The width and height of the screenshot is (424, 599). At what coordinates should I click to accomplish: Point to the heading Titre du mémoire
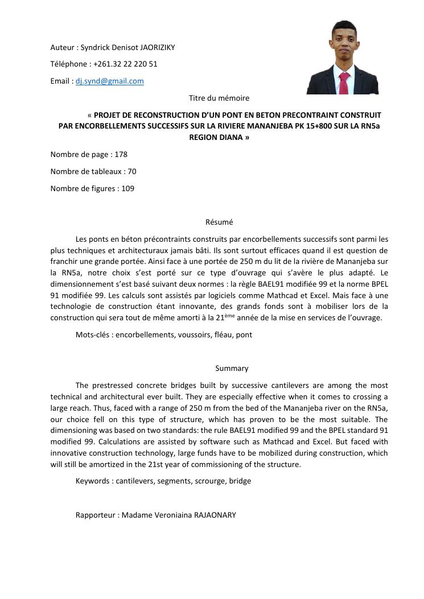point(219,98)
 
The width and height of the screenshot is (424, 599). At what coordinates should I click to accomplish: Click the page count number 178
point(121,154)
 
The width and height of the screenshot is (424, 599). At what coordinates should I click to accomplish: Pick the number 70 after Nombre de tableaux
point(131,171)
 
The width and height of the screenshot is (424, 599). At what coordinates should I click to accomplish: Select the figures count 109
point(127,188)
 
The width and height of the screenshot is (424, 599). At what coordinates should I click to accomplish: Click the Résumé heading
point(219,222)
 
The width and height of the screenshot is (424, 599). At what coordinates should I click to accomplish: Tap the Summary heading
point(232,369)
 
